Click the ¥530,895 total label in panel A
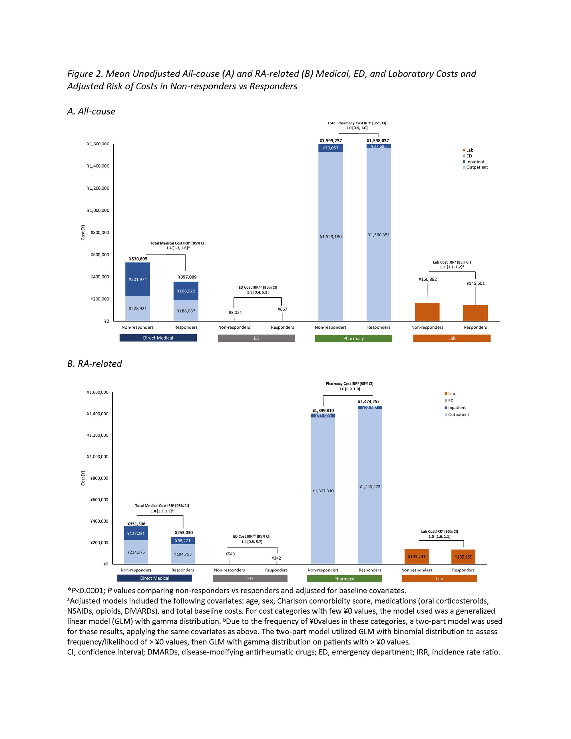[x=138, y=259]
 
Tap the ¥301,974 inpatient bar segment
[x=138, y=280]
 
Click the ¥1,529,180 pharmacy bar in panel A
[x=331, y=236]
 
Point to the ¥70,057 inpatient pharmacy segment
[x=331, y=148]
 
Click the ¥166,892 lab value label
[x=428, y=280]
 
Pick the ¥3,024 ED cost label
[x=235, y=312]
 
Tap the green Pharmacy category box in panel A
[x=353, y=338]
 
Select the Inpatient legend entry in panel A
[x=475, y=162]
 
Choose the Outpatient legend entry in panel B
[x=458, y=415]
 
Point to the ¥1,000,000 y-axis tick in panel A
[x=98, y=210]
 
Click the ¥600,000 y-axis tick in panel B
[x=99, y=499]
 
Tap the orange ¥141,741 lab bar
[x=417, y=556]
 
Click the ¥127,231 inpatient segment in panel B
[x=136, y=533]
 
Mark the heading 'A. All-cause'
[x=91, y=111]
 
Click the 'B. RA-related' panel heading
[x=95, y=364]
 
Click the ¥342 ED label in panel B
[x=276, y=558]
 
